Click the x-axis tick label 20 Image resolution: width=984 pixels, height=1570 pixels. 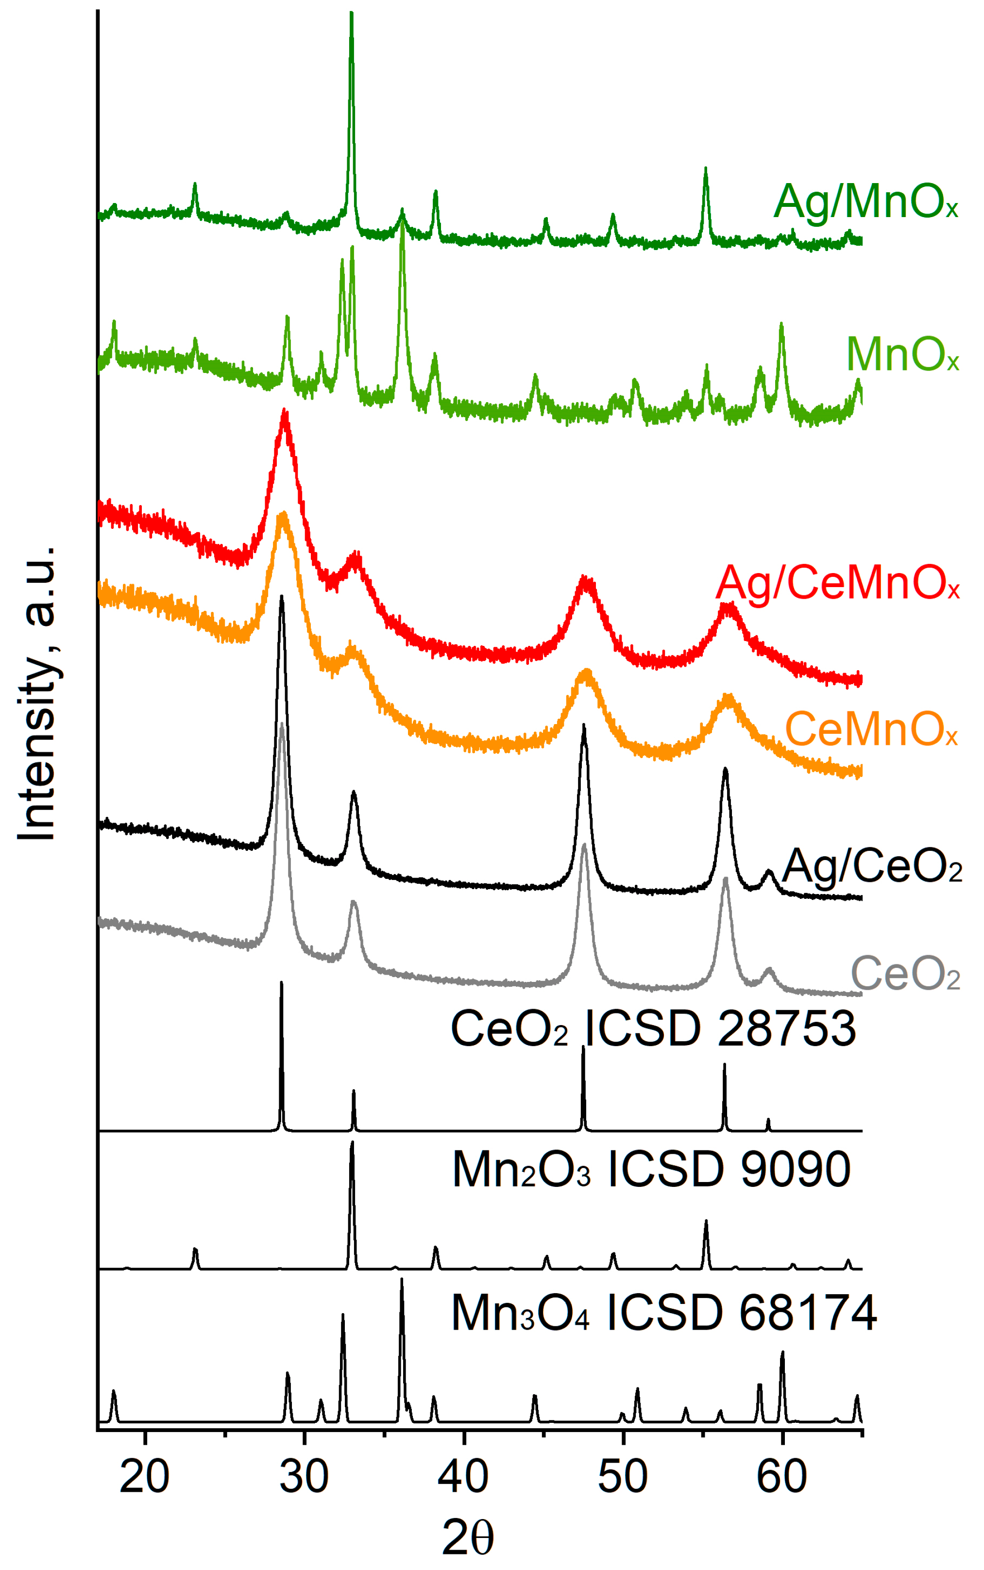(x=144, y=1476)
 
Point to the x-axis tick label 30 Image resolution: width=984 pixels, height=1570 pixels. (x=304, y=1476)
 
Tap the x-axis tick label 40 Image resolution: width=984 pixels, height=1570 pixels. (x=463, y=1476)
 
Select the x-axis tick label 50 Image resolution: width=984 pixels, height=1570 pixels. (x=623, y=1476)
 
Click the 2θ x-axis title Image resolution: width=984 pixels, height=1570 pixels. (x=467, y=1538)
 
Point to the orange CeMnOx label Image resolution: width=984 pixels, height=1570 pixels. (x=871, y=729)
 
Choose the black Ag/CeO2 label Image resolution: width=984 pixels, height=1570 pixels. (x=872, y=867)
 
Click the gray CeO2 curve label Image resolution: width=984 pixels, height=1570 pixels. (x=905, y=974)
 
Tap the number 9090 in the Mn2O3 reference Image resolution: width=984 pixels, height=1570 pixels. (x=795, y=1170)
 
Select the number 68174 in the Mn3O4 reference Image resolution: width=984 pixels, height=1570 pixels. (x=808, y=1314)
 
